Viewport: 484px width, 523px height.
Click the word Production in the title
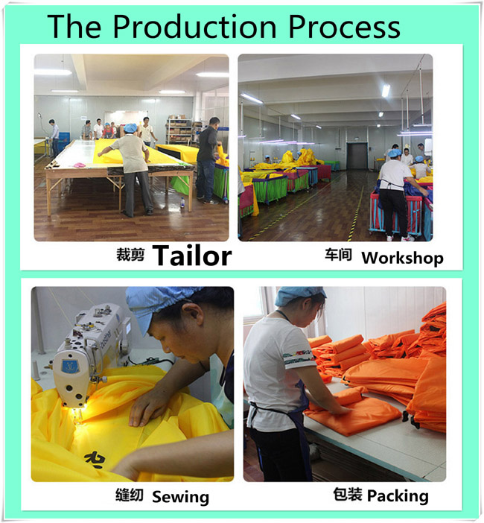[x=194, y=27]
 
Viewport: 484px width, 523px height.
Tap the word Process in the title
[x=344, y=27]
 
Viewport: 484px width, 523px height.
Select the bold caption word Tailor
[x=192, y=256]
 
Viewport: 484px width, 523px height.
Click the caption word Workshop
[x=403, y=258]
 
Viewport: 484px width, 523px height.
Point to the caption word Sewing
[x=181, y=498]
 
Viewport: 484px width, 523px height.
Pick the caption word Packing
[x=398, y=496]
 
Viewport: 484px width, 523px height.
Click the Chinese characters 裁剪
[x=130, y=255]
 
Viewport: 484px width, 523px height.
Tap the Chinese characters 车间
[x=338, y=255]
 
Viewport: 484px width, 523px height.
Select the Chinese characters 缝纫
[x=130, y=495]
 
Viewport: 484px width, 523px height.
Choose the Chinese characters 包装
[x=348, y=494]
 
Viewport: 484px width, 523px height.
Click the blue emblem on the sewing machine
[x=70, y=366]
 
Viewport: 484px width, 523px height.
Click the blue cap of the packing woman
[x=299, y=294]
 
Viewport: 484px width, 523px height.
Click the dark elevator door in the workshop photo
[x=357, y=156]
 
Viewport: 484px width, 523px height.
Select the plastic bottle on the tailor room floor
[x=182, y=203]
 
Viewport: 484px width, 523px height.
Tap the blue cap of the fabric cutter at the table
[x=130, y=127]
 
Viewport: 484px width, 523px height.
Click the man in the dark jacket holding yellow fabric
[x=207, y=160]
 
